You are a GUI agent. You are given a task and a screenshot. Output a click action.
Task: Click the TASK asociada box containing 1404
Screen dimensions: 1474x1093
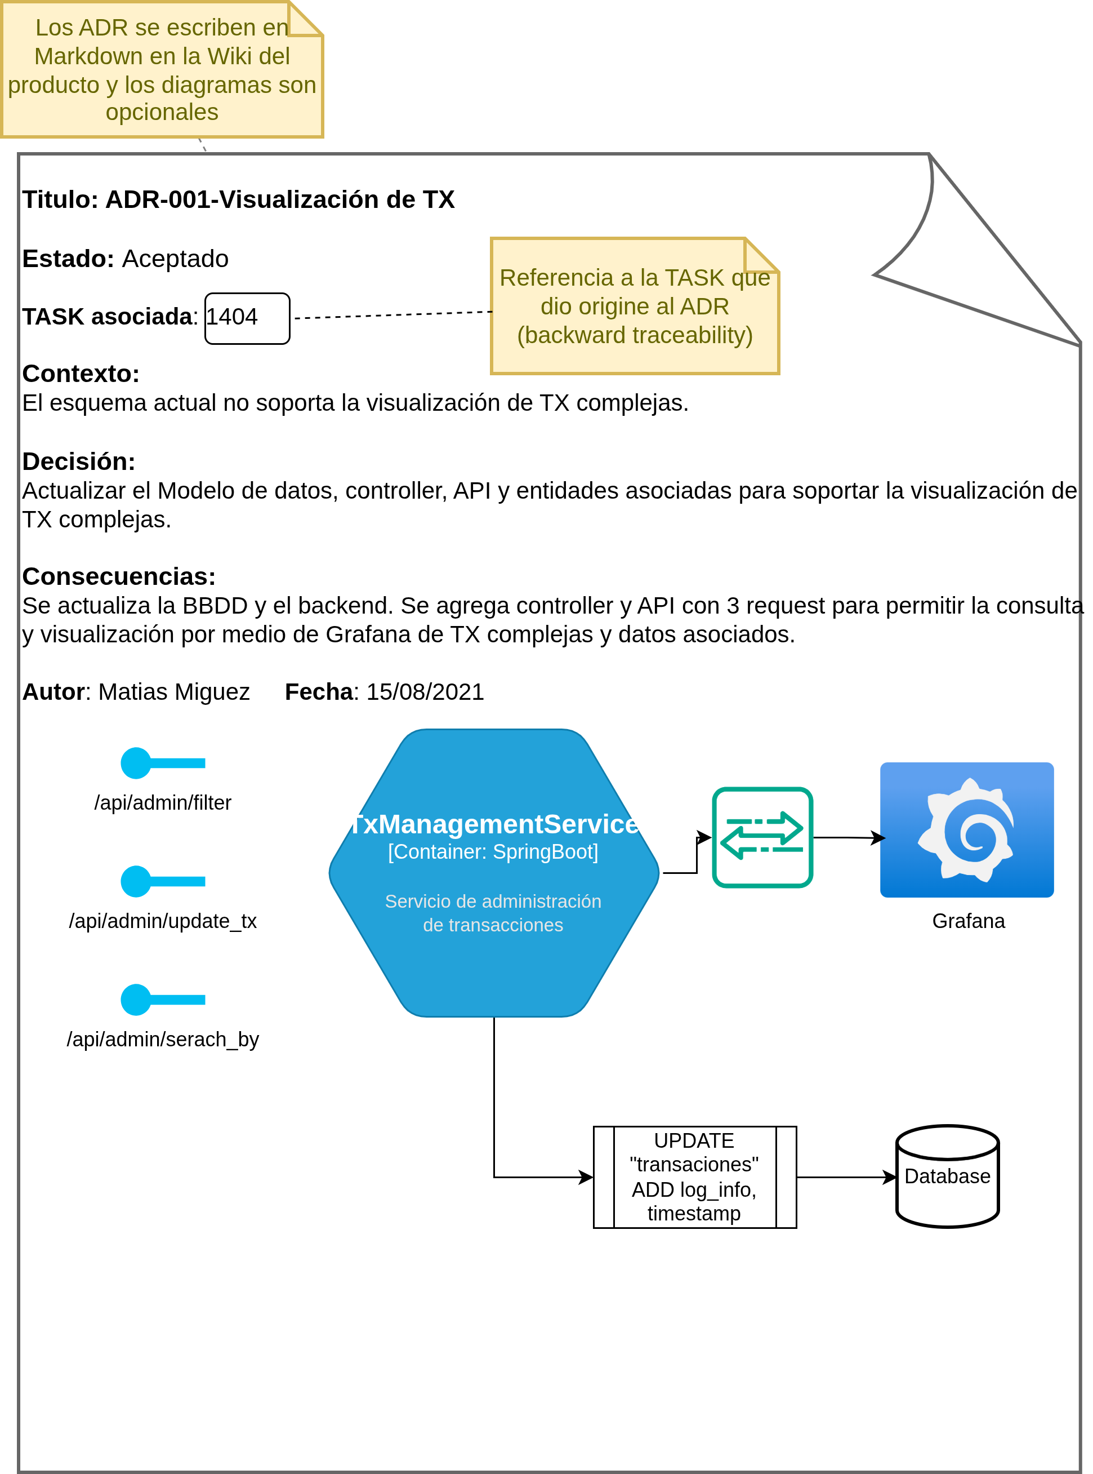(247, 318)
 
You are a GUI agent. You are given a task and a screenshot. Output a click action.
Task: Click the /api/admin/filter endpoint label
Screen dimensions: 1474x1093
(163, 802)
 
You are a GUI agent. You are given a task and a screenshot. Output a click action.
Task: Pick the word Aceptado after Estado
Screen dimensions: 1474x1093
(175, 259)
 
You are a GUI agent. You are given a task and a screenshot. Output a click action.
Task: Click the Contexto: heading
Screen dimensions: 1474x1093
(81, 374)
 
